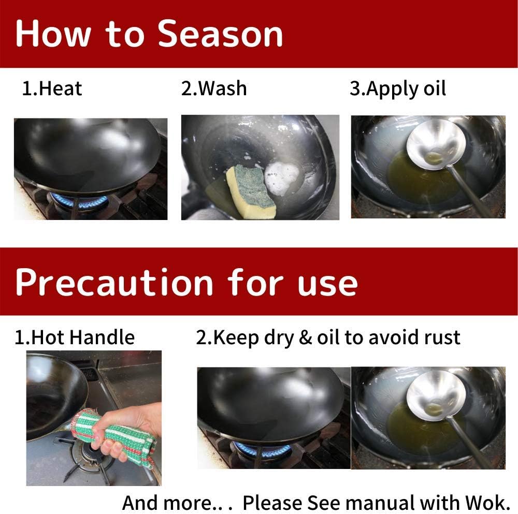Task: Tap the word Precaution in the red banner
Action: (x=114, y=283)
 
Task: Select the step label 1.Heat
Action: (x=52, y=89)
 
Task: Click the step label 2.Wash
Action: (x=214, y=89)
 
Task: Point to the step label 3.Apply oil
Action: (x=397, y=89)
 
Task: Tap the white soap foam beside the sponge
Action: (x=281, y=177)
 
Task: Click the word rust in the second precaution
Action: (x=440, y=337)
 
